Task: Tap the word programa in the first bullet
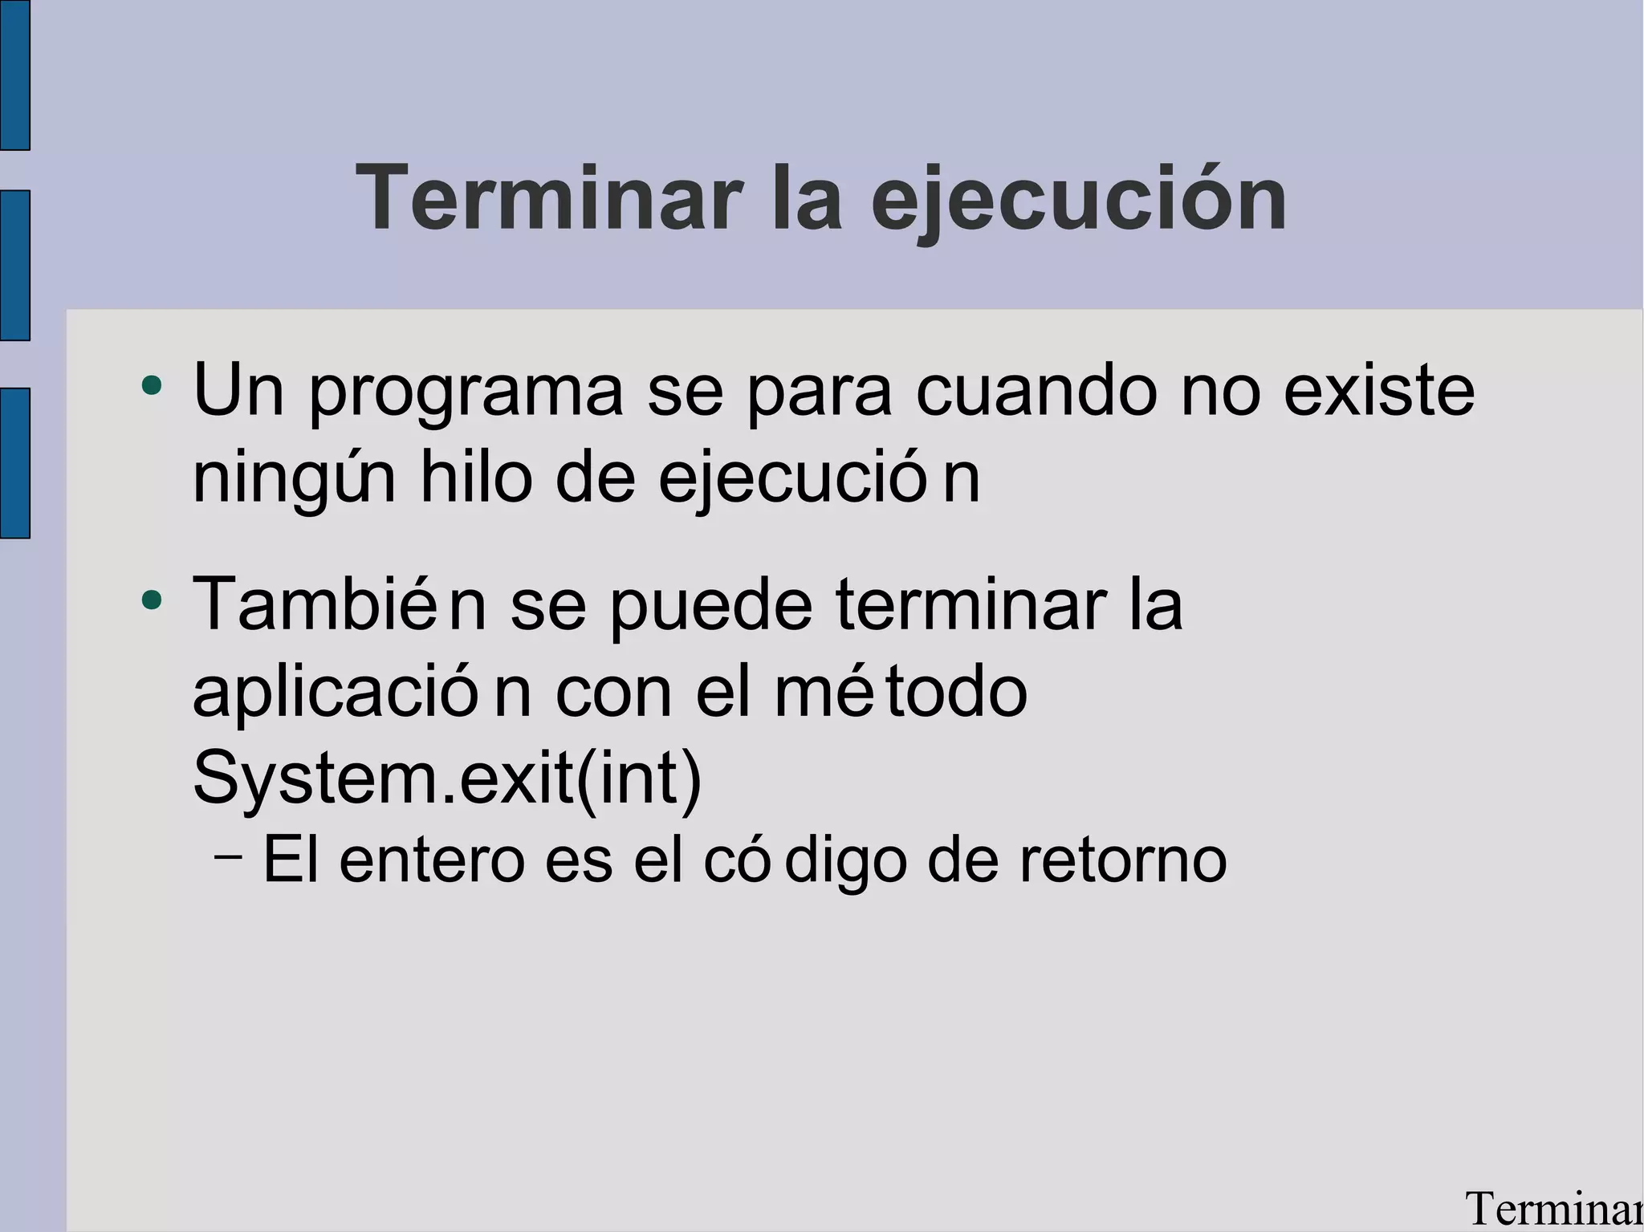466,392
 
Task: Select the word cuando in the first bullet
1036,392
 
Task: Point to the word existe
1378,392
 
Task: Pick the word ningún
294,478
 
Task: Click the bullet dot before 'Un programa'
151,386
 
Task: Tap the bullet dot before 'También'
151,600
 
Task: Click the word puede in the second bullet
710,605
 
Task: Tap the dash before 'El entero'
229,856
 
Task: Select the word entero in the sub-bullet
431,860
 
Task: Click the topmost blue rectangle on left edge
14,75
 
